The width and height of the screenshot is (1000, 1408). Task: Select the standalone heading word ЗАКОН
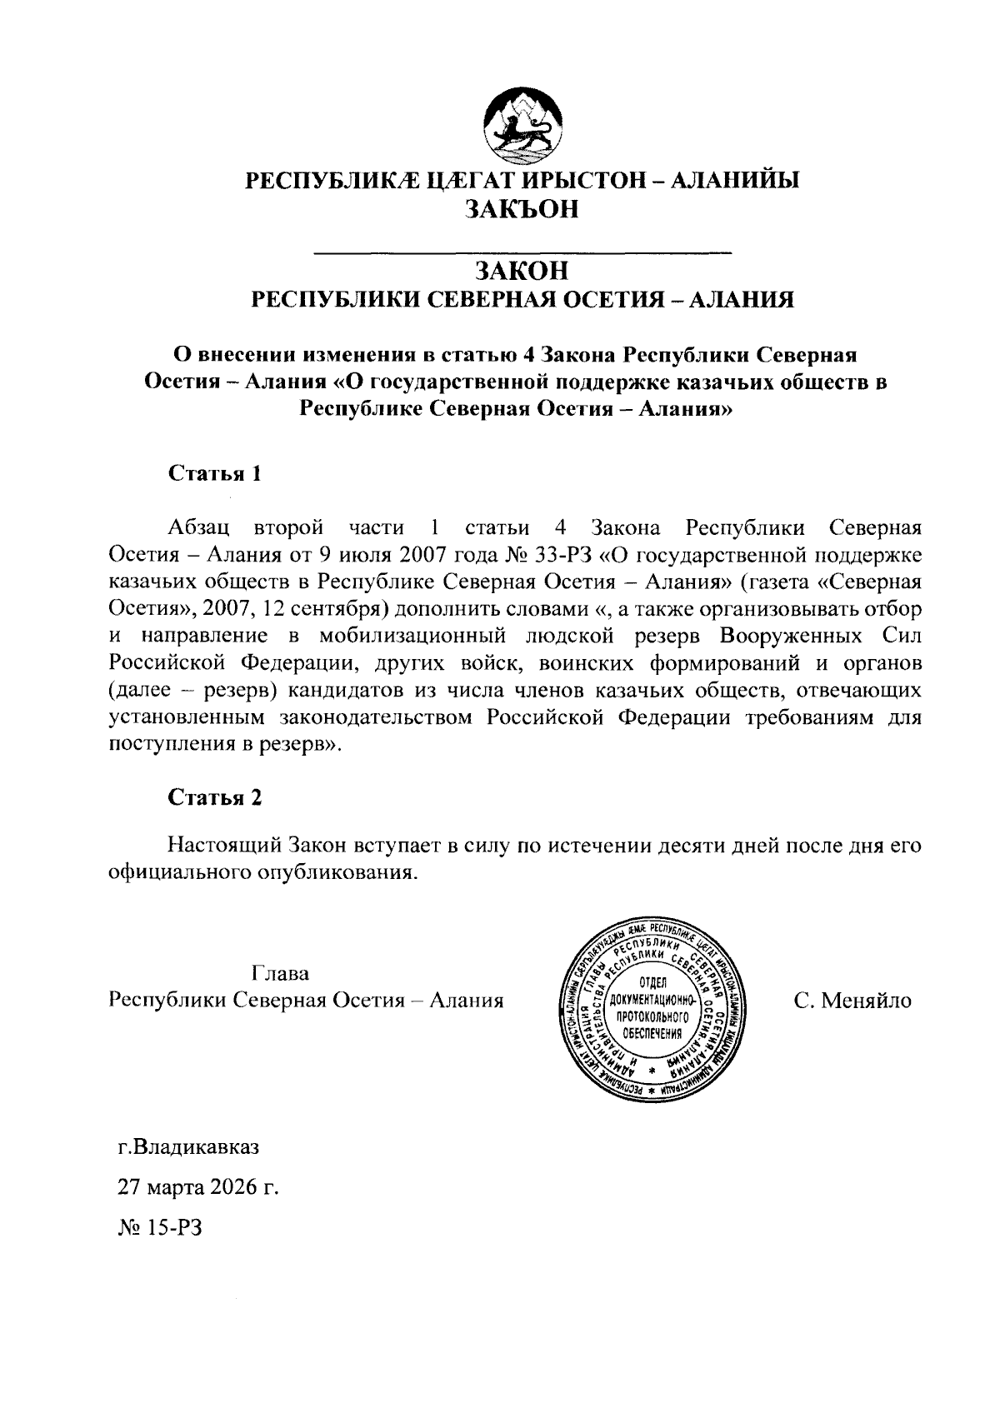522,271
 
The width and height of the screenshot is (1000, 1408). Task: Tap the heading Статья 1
216,474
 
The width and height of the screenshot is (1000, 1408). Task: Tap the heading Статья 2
216,797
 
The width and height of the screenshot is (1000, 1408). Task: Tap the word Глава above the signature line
280,973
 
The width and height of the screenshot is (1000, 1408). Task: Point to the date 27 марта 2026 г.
197,1186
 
